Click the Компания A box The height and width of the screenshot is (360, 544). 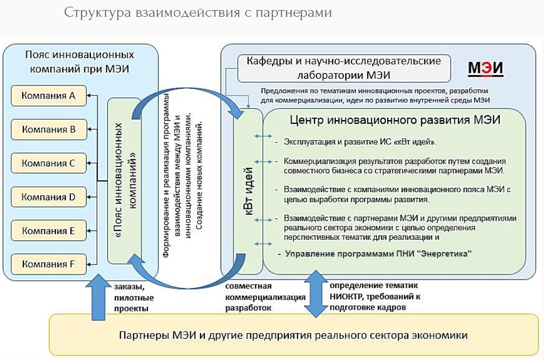[48, 96]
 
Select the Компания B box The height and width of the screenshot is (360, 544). [48, 130]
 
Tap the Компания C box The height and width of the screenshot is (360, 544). [48, 163]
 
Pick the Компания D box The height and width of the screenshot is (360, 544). [48, 197]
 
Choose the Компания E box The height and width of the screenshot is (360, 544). [48, 230]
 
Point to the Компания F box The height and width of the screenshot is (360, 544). [48, 263]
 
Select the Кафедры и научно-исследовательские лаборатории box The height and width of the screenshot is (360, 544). [345, 68]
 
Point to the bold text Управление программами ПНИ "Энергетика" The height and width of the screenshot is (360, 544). [378, 254]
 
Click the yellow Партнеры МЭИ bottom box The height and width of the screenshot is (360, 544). [293, 335]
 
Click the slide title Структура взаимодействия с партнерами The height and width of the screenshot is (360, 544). [198, 12]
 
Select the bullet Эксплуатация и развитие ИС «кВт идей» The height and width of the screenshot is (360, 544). [360, 141]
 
